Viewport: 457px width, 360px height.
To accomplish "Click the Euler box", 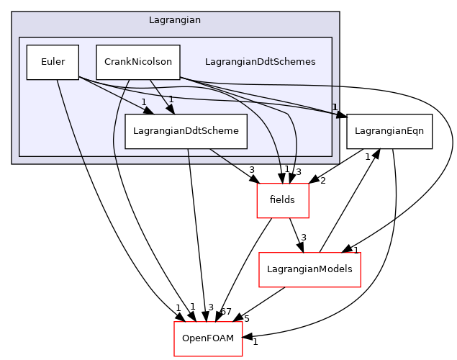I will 53,62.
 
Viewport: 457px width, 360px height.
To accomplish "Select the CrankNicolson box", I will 137,62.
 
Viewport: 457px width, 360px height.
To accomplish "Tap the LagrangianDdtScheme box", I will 186,131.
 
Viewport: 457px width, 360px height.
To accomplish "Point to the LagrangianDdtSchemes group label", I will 260,62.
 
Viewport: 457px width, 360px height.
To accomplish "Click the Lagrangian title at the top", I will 174,20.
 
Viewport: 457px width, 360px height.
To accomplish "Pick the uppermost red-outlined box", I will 283,201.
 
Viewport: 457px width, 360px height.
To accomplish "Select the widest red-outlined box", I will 309,270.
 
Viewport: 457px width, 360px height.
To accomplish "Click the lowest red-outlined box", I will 208,339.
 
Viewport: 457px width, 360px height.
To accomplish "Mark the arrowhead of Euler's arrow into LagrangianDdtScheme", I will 149,111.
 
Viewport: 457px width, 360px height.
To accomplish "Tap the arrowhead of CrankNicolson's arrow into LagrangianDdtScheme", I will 171,109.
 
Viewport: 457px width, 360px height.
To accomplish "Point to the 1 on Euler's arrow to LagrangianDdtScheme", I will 143,102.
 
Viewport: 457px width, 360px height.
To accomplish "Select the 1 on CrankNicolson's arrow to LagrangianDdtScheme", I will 171,99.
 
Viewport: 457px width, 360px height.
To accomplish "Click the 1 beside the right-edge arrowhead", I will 335,107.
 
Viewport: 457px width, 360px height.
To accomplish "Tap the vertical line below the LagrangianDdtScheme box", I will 189,157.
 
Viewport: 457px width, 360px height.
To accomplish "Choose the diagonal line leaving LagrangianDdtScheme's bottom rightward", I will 222,157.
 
